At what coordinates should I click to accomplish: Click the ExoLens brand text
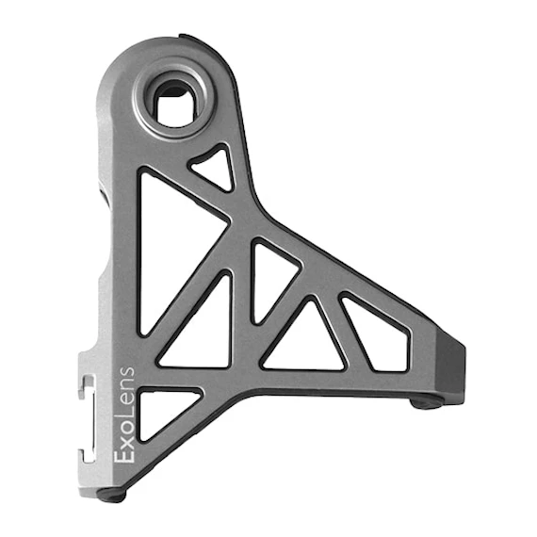click(123, 415)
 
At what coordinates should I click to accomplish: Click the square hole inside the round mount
click(175, 104)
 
